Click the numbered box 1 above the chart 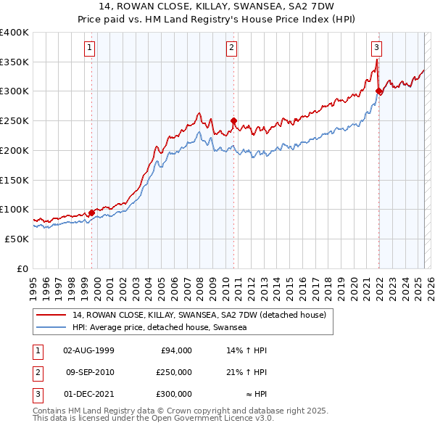89,49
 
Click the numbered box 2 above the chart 231,49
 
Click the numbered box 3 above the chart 377,49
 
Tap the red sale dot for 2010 233,121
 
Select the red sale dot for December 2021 379,91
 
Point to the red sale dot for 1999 91,213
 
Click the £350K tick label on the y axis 14,62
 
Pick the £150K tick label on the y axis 14,180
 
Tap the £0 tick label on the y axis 22,268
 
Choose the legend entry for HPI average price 159,328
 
